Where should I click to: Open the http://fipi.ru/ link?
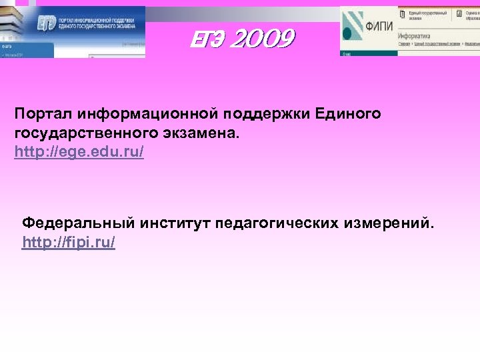(69, 242)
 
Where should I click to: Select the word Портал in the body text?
(40, 114)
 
